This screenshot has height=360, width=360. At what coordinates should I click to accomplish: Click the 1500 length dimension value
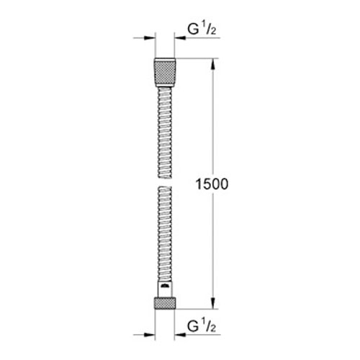click(212, 184)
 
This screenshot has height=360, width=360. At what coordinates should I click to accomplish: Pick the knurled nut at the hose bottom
click(165, 300)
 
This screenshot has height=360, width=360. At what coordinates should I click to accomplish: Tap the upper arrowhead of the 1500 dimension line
click(213, 63)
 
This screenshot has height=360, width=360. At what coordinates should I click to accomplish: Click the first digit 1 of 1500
click(199, 184)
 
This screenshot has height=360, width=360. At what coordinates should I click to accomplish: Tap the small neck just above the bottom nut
click(165, 286)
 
